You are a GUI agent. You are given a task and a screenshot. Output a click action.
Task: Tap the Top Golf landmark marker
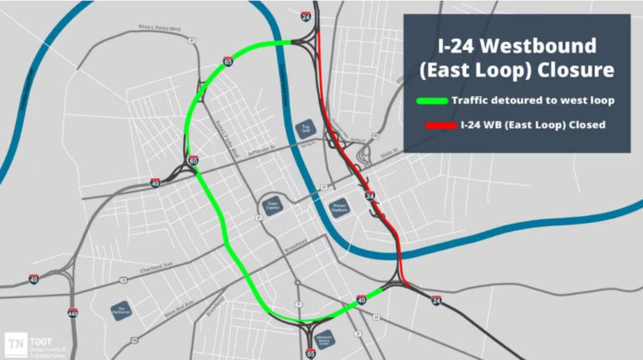point(306,128)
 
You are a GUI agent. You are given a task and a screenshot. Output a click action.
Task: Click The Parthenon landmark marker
point(121,310)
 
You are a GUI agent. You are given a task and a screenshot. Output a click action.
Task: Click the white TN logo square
point(15,343)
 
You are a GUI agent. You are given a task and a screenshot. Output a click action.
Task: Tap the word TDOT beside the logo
point(39,338)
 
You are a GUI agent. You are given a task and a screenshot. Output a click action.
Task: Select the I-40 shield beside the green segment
point(361,298)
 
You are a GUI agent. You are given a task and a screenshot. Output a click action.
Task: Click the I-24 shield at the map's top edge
point(306,15)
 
